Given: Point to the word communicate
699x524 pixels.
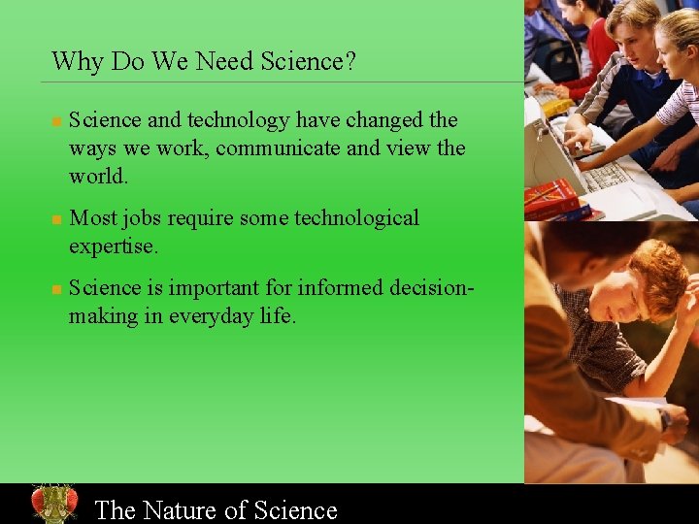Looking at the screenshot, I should pyautogui.click(x=281, y=148).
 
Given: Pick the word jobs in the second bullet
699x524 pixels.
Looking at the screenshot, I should pyautogui.click(x=142, y=218).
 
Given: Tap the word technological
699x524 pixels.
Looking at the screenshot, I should pyautogui.click(x=354, y=218).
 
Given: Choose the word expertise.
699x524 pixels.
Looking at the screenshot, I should pyautogui.click(x=113, y=246).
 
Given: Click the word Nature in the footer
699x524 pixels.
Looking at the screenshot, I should pyautogui.click(x=193, y=510).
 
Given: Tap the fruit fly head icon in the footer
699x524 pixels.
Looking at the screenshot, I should pyautogui.click(x=53, y=504).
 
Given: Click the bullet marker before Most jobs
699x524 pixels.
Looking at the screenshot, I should pyautogui.click(x=56, y=220).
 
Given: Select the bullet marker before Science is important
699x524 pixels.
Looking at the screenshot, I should pyautogui.click(x=56, y=290).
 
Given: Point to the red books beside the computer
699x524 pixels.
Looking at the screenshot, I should pyautogui.click(x=551, y=198).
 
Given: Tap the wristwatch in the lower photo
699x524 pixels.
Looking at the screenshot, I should pyautogui.click(x=665, y=419).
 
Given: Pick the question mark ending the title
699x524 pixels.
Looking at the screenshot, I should pyautogui.click(x=349, y=62).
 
